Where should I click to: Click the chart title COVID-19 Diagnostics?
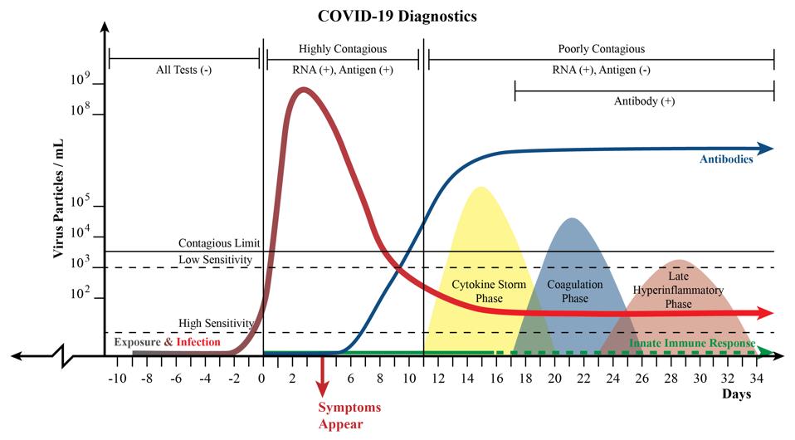[x=397, y=16]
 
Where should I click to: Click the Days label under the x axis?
[x=735, y=394]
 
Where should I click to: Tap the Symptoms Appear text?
[x=349, y=416]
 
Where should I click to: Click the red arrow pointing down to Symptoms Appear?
[x=322, y=383]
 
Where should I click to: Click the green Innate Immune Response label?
[x=692, y=343]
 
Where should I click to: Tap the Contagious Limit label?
[x=219, y=243]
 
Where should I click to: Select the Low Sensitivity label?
[x=215, y=260]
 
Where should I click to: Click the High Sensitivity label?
[x=215, y=323]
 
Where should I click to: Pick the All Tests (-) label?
[x=183, y=70]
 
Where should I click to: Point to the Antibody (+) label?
[x=644, y=101]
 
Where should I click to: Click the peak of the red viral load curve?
[x=304, y=90]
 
